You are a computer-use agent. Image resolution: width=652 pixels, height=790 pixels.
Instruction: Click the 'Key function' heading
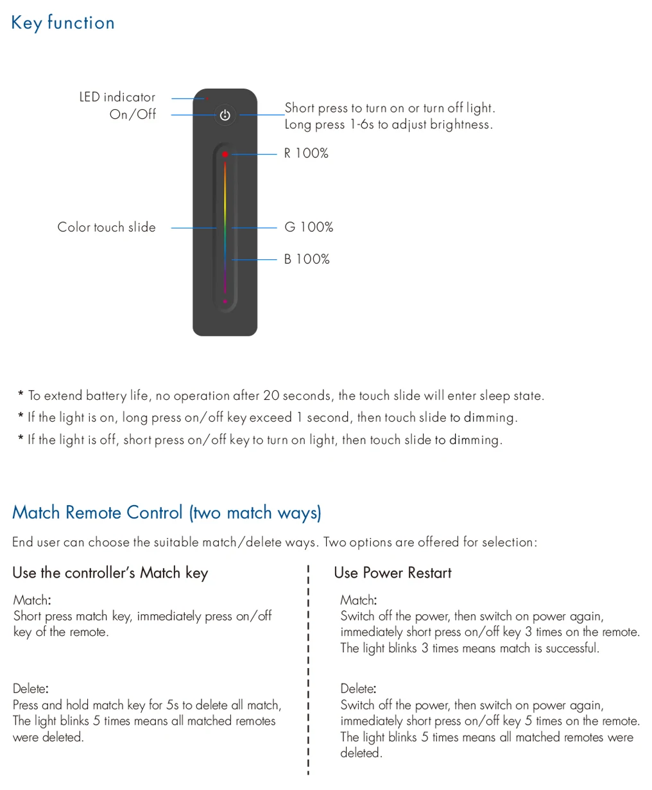click(x=63, y=23)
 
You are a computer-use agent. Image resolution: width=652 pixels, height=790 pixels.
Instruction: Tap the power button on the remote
click(x=225, y=116)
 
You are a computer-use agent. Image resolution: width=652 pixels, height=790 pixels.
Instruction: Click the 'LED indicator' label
click(x=117, y=97)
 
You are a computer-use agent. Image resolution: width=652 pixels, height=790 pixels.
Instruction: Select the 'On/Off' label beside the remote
click(x=132, y=114)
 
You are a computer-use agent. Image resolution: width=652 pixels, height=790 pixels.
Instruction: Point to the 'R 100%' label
click(x=306, y=153)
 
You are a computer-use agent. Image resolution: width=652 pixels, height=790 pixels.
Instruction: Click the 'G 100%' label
click(x=309, y=227)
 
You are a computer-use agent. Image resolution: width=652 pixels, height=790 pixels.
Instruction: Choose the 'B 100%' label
click(x=307, y=259)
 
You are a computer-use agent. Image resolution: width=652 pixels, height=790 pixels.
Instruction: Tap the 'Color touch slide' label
click(x=107, y=227)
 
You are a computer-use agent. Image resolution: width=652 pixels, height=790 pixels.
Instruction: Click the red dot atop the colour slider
click(x=225, y=155)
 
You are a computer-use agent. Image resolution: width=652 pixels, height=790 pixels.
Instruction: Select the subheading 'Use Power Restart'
click(x=392, y=572)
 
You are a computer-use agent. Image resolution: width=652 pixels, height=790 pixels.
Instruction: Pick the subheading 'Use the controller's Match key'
click(x=110, y=572)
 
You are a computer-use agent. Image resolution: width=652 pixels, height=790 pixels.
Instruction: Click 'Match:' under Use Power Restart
click(x=358, y=600)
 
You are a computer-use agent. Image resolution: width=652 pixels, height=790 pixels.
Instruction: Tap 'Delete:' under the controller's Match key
click(x=30, y=689)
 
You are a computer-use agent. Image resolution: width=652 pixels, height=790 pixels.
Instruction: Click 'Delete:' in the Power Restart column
click(x=358, y=689)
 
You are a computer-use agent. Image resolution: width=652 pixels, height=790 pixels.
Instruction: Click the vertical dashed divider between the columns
click(x=309, y=667)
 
